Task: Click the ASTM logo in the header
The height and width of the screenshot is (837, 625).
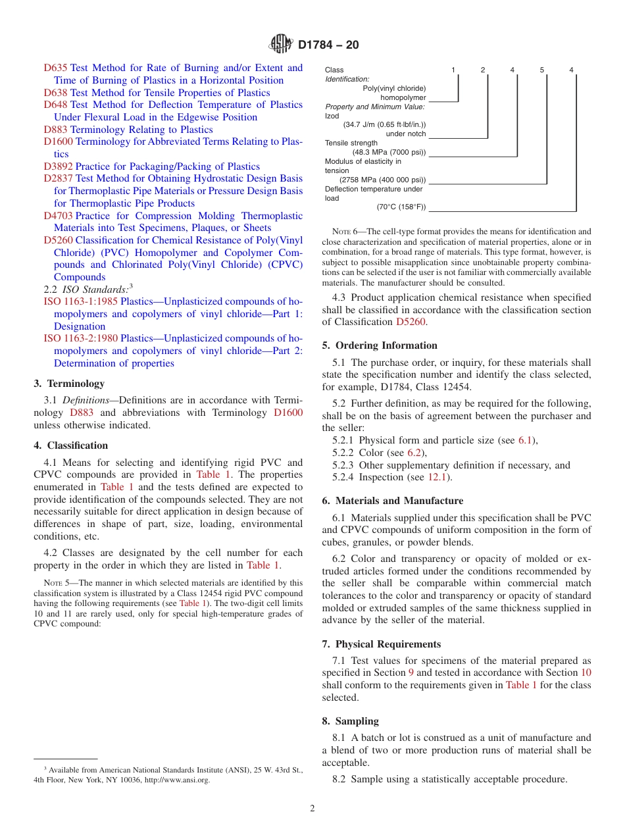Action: (281, 45)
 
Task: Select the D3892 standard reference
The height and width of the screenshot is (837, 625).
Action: (58, 166)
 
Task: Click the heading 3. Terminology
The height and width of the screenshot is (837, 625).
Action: (69, 384)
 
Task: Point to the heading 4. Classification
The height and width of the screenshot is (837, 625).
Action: (70, 445)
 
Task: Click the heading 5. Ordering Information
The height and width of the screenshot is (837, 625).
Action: (380, 345)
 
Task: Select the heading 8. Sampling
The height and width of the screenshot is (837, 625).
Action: (350, 721)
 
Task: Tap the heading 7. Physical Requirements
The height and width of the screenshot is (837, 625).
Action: (381, 644)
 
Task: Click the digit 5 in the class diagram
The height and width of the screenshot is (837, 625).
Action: (542, 70)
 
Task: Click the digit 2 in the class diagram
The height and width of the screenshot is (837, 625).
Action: (482, 70)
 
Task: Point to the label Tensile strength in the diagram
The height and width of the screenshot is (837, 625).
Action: (351, 143)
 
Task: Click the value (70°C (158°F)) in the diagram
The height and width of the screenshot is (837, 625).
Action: (401, 207)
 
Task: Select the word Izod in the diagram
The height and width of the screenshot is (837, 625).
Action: (332, 115)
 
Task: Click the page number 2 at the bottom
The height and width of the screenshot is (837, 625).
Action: (312, 809)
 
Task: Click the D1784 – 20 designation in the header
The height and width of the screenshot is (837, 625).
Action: (328, 45)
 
